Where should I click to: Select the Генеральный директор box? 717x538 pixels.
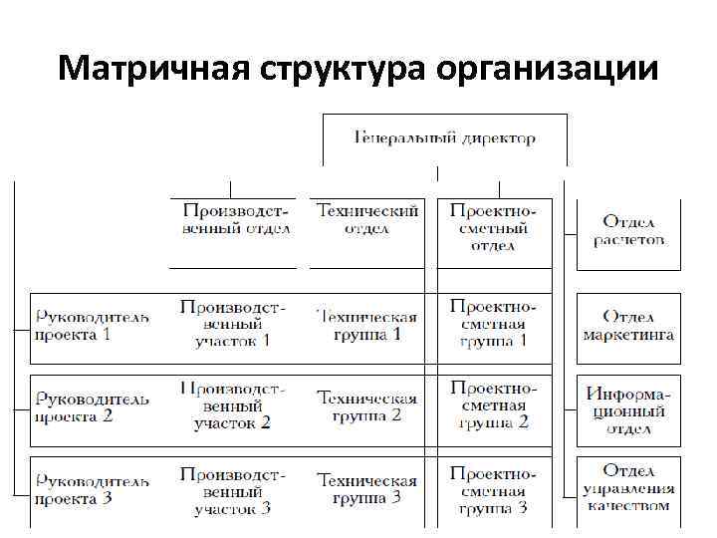444,138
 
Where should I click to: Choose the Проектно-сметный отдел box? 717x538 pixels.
493,228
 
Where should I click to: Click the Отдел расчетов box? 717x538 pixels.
628,230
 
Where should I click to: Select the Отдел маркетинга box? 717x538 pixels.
628,326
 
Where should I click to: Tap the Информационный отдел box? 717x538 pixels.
628,409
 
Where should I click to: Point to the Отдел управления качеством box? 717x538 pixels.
628,487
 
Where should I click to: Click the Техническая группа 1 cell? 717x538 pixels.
367,325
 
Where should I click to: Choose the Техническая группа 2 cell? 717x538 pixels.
367,406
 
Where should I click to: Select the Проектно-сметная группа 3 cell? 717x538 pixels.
493,489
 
